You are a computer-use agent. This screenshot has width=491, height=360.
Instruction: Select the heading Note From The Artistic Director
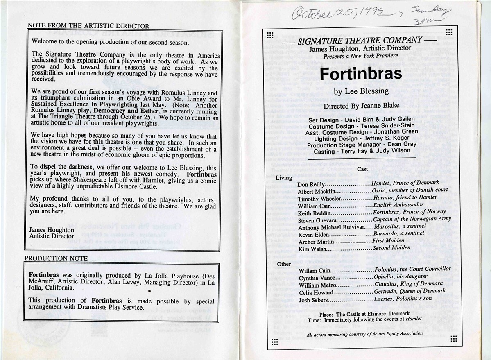pyautogui.click(x=88, y=26)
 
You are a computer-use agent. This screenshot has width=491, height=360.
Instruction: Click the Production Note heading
pyautogui.click(x=56, y=258)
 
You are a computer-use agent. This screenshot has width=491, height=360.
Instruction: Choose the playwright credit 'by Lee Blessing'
pyautogui.click(x=355, y=91)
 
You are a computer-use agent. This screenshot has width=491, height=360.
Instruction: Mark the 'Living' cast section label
pyautogui.click(x=284, y=178)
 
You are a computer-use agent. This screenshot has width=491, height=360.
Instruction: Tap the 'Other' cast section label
pyautogui.click(x=284, y=264)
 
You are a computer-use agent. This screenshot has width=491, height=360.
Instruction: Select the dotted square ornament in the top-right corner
pyautogui.click(x=449, y=32)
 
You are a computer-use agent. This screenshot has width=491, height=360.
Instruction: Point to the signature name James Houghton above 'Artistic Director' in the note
pyautogui.click(x=52, y=230)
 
